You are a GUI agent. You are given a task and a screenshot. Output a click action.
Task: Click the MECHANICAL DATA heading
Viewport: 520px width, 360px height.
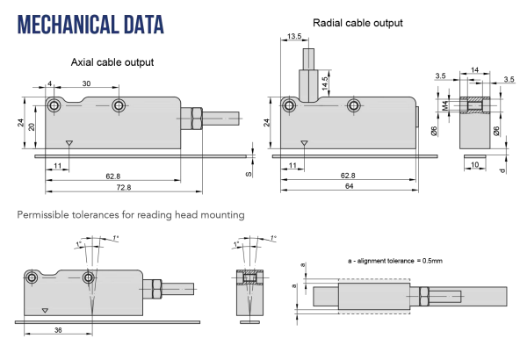[90, 25]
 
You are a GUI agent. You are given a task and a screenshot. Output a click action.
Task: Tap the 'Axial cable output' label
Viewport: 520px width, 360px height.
[112, 62]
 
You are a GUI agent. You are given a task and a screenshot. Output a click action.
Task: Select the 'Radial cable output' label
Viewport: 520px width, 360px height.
[357, 23]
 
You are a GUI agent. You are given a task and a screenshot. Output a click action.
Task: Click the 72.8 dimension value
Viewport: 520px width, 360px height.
[124, 188]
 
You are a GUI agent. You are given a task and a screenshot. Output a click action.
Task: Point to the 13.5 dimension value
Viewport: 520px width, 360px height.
[294, 36]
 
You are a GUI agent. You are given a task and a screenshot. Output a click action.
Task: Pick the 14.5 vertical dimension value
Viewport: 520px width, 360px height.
[325, 83]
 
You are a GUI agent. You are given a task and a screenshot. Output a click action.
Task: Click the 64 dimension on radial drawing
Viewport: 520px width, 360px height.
[349, 186]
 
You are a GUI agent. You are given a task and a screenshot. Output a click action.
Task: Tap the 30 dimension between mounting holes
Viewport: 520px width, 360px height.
[86, 83]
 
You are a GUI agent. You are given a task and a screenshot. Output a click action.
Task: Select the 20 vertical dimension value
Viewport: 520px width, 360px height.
[32, 127]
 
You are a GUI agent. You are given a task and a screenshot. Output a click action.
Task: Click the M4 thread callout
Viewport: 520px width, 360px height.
[445, 105]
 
